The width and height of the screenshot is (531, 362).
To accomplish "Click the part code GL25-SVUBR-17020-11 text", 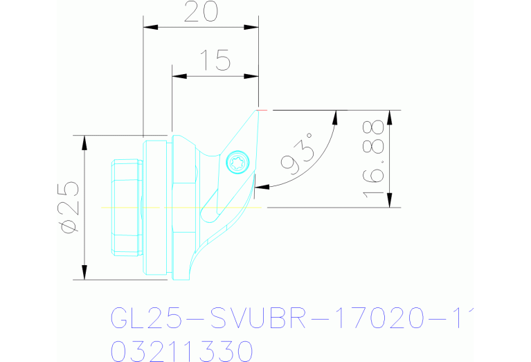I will [x=291, y=319].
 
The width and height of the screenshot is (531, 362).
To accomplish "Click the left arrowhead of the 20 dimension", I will [x=150, y=27].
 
